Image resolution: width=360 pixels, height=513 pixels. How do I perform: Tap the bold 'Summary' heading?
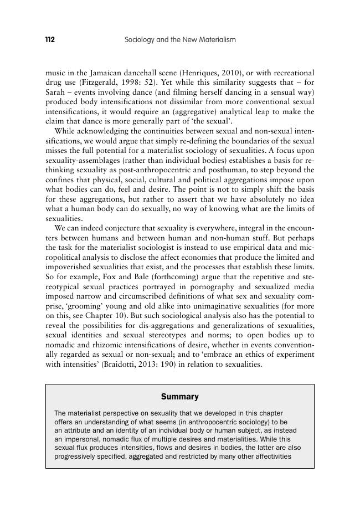(x=179, y=397)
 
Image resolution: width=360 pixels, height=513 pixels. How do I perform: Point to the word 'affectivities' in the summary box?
(x=268, y=456)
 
